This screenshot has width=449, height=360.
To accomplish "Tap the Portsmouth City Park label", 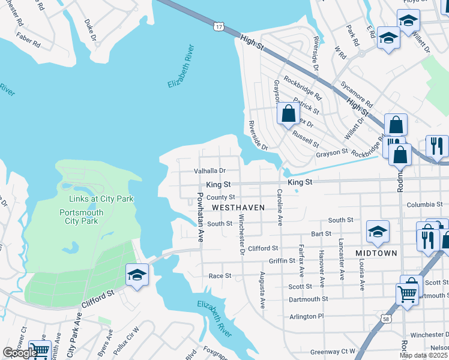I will point(81,217).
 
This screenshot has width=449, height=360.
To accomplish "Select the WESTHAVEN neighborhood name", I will point(238,207).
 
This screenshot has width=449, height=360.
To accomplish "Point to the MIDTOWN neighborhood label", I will point(376,253).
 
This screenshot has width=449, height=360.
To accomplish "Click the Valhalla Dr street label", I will point(209,171).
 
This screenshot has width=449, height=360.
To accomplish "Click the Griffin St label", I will point(282,261).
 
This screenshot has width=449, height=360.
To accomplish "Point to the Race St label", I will point(220,276).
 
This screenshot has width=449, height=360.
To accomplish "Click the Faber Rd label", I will point(28,44).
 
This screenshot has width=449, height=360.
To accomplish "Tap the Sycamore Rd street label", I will point(357,95).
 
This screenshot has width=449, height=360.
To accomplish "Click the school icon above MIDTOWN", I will point(378,231).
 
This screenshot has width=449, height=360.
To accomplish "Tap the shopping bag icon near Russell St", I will point(289,112).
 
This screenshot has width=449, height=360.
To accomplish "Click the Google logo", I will point(20,353).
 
